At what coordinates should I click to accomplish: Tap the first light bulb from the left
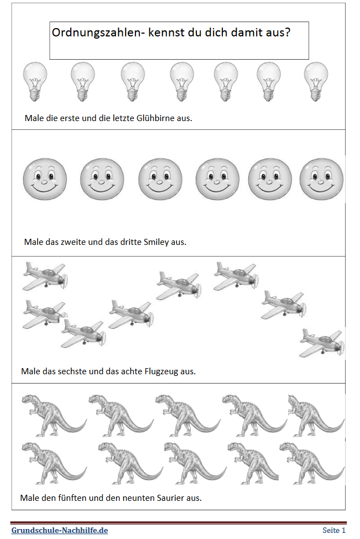[35, 82]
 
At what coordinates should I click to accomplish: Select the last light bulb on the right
[316, 82]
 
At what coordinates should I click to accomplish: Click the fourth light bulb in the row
[182, 82]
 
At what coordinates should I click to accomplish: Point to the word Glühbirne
[155, 118]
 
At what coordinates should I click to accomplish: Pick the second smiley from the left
[102, 179]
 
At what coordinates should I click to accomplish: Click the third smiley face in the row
[160, 179]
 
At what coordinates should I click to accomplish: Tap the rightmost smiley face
[321, 179]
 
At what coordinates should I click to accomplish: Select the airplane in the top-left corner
[45, 276]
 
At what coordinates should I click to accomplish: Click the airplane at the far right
[322, 343]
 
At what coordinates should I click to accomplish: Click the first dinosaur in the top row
[54, 415]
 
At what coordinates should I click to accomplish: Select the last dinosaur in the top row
[316, 415]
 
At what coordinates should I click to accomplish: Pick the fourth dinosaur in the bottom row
[253, 463]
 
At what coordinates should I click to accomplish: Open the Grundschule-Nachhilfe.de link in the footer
[60, 530]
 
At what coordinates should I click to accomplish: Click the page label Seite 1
[334, 530]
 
